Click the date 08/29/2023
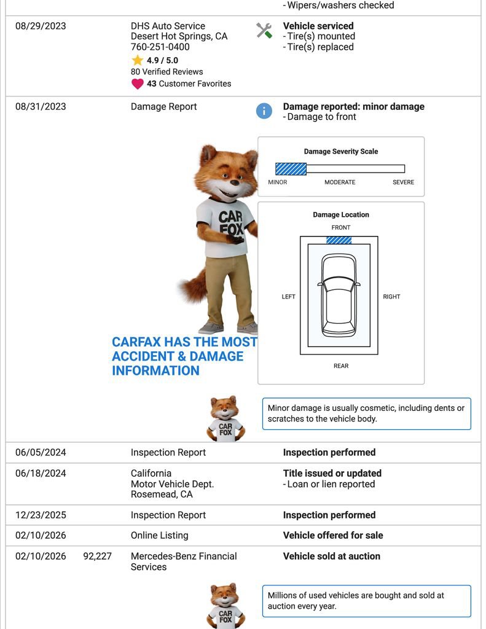[x=41, y=26]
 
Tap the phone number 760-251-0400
[x=160, y=47]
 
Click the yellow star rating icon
[x=137, y=60]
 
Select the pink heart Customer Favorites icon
[x=137, y=84]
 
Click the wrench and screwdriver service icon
[x=264, y=30]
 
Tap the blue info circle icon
[x=264, y=111]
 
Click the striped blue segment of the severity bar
[x=291, y=169]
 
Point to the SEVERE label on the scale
[x=403, y=182]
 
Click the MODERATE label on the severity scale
[x=340, y=182]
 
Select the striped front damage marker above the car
[x=339, y=240]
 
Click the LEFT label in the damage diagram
[x=288, y=297]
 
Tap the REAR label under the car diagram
[x=341, y=366]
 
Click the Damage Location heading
[x=341, y=215]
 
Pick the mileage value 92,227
[x=97, y=557]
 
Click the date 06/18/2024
[x=41, y=474]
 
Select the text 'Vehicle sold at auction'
[x=331, y=557]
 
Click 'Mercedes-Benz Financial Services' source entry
[x=183, y=561]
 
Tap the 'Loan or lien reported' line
[x=331, y=484]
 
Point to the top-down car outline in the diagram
[x=339, y=297]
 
